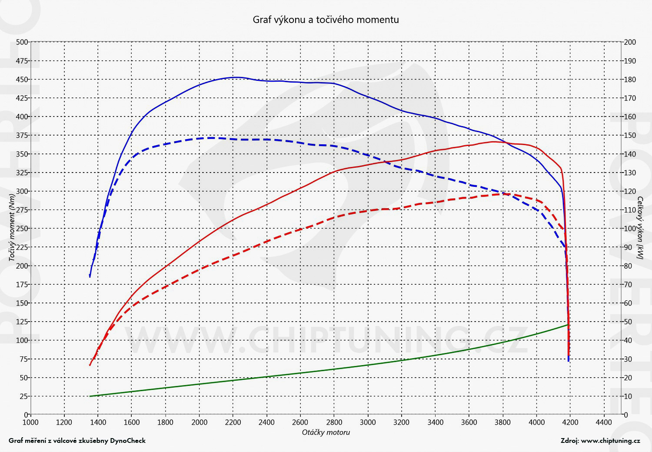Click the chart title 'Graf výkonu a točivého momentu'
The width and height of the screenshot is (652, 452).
[x=326, y=20]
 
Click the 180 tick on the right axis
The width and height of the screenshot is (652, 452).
[x=630, y=80]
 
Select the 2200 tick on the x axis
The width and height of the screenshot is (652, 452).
[x=233, y=422]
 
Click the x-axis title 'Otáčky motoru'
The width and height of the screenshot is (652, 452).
[x=326, y=432]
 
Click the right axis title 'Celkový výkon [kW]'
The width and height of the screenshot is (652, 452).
[x=640, y=228]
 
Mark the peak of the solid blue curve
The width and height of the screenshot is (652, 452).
[x=235, y=77]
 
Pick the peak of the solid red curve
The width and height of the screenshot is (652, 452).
[x=493, y=142]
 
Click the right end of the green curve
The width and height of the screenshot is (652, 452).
[x=568, y=325]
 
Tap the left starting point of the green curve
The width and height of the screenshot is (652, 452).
[x=90, y=396]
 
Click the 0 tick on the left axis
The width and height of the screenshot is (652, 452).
[x=26, y=415]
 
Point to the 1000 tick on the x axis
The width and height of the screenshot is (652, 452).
[x=30, y=422]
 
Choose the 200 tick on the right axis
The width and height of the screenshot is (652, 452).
[x=630, y=42]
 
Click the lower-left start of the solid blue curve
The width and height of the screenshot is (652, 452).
[x=90, y=276]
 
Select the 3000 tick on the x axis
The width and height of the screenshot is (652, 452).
[x=368, y=422]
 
